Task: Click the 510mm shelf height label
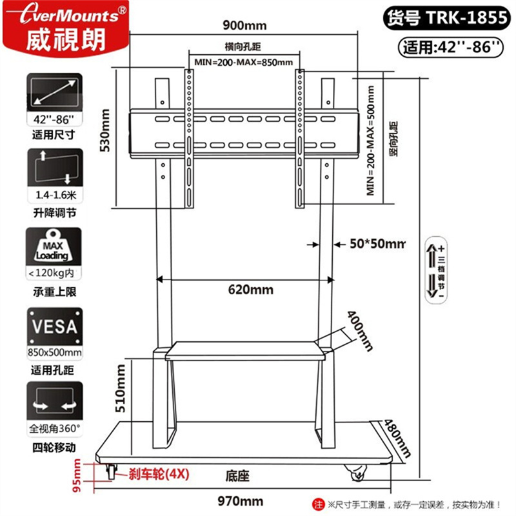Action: coord(120,389)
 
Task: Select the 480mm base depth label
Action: coord(397,439)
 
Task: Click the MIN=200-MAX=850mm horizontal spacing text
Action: coord(243,62)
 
